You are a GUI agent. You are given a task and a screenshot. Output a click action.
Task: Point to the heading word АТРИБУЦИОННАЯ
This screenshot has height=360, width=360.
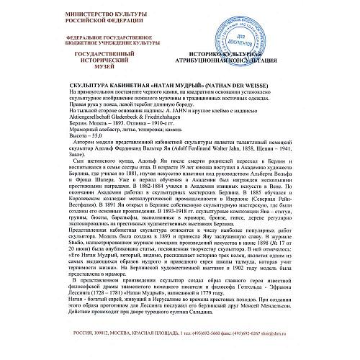217,61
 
